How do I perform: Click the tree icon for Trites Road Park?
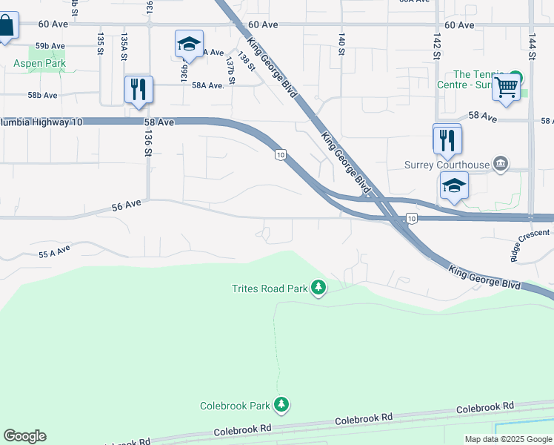coord(318,287)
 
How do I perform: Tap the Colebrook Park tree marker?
coord(281,405)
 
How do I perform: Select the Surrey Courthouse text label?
coord(447,165)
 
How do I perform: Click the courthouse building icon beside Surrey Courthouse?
coord(501,164)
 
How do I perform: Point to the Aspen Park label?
coord(39,64)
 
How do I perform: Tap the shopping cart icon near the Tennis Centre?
coord(507,88)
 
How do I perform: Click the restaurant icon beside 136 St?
coord(138,90)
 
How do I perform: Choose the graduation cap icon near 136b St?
coord(189,44)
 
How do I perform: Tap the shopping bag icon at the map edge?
coord(5,27)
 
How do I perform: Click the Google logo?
coord(24,436)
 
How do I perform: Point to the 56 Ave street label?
coord(127,205)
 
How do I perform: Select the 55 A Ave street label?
coord(54,252)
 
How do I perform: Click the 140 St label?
coord(341,43)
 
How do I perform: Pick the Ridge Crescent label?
coord(530,245)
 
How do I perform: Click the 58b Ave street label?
coord(42,96)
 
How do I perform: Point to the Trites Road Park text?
coord(269,289)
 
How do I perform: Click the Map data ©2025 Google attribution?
coord(507,439)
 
